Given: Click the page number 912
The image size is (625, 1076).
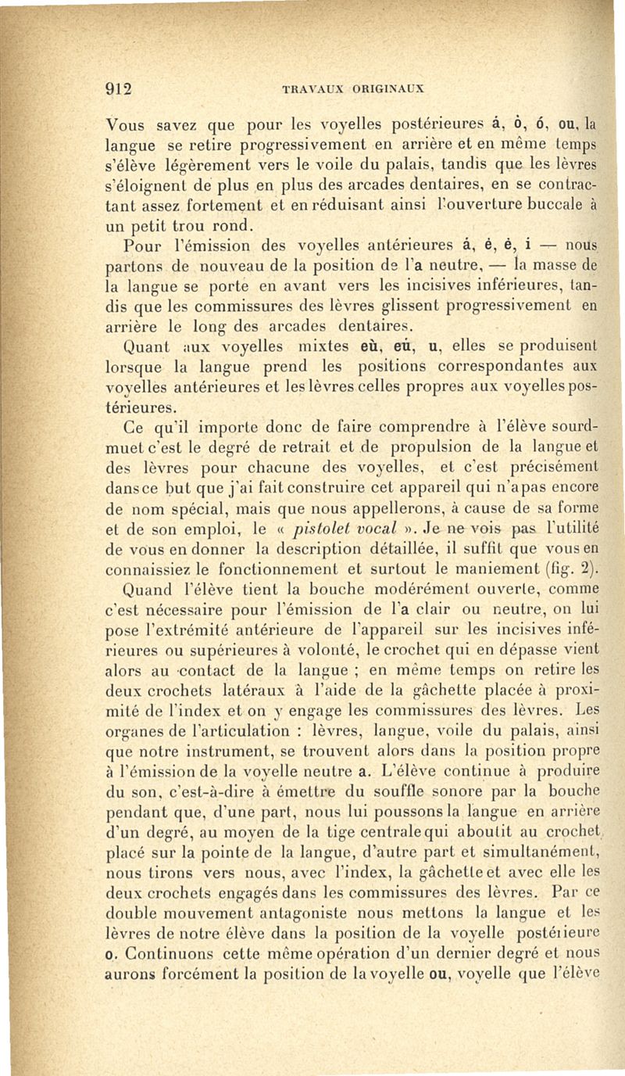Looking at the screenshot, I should click(121, 87).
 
